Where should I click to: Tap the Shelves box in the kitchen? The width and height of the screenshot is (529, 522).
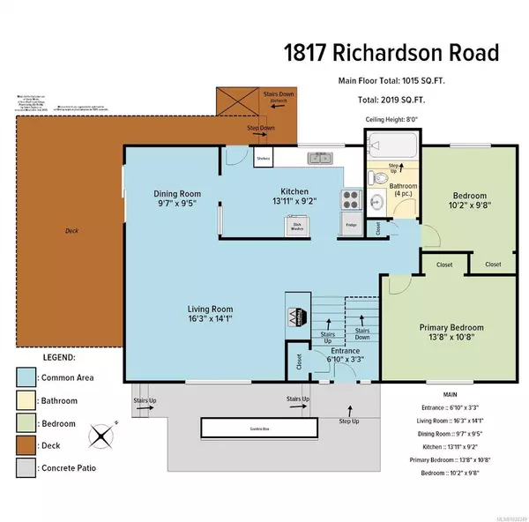[x=263, y=159]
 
